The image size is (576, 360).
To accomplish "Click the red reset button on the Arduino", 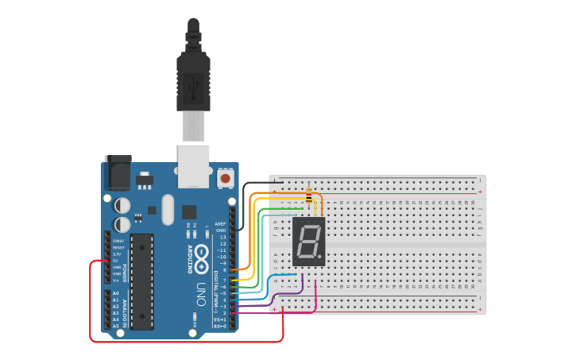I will (226, 179).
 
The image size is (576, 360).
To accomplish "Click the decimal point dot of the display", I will (321, 258).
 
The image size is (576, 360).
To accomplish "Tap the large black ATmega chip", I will (142, 281).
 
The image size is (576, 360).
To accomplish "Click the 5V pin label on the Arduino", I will (116, 260).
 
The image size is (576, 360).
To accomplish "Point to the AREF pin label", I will (221, 224).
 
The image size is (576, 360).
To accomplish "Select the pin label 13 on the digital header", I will (222, 237).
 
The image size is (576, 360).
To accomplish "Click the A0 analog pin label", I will (116, 293).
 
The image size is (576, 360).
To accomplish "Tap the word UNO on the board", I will (201, 289).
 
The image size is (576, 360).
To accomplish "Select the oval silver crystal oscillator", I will (167, 210).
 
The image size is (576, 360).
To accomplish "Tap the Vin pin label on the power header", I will (116, 280).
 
